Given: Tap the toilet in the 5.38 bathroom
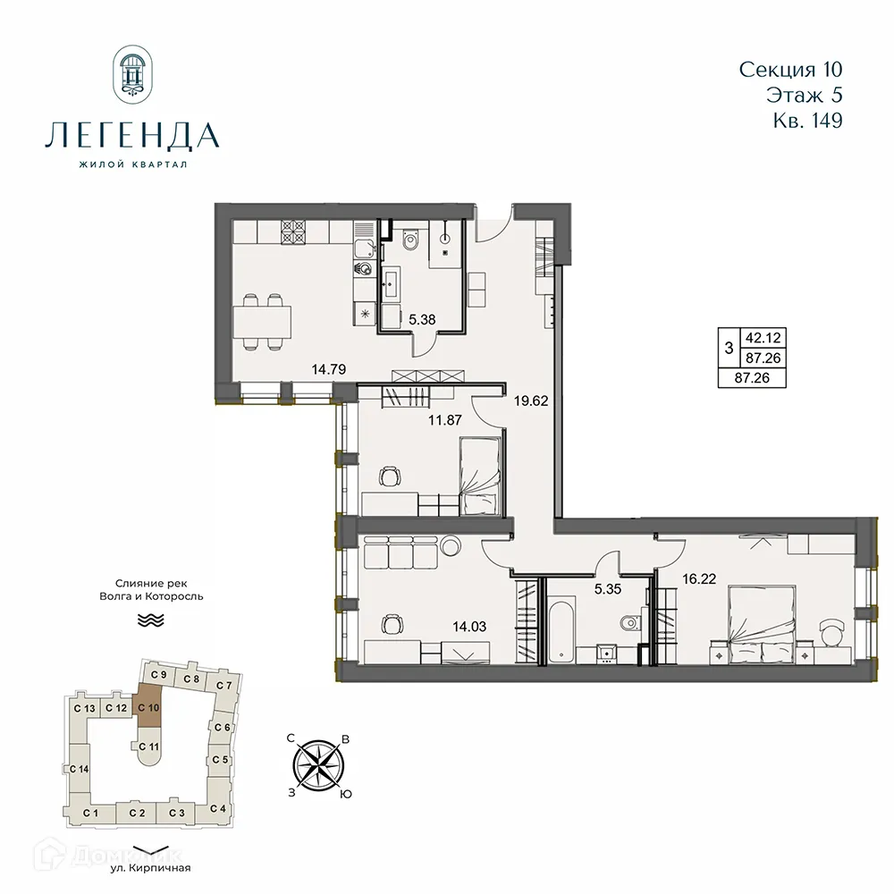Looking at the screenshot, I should coord(410,240).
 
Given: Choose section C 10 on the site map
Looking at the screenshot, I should coord(148,706).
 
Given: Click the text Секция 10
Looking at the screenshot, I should coord(791,70).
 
